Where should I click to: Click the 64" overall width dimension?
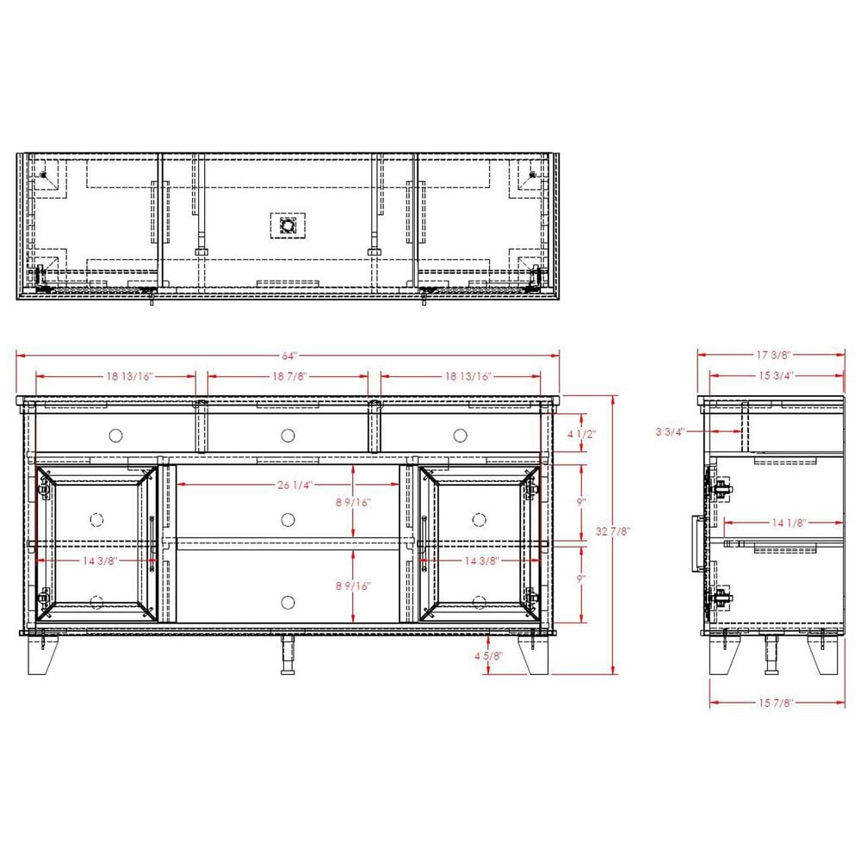tap(289, 356)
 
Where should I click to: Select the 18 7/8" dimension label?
tap(289, 376)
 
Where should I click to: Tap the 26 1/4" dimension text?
tap(294, 485)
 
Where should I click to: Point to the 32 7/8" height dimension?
tap(613, 531)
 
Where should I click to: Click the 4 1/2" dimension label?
tap(581, 434)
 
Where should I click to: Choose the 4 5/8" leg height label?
tap(489, 655)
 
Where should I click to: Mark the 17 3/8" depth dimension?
tap(773, 355)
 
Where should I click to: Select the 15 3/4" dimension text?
tap(776, 375)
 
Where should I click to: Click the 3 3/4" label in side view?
tap(670, 431)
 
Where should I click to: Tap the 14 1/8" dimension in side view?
tap(789, 523)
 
